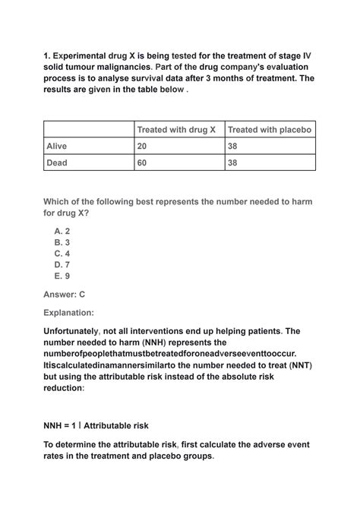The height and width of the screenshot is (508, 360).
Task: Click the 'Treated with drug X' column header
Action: point(176,130)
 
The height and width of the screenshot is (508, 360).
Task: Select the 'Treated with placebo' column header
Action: point(270,130)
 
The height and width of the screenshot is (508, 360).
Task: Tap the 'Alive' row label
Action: point(57,146)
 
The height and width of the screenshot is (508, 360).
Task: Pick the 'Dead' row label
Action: point(57,162)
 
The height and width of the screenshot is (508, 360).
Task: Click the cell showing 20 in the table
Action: point(142,146)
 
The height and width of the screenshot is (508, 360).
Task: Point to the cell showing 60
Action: point(142,162)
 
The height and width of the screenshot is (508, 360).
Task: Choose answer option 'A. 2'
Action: point(62,231)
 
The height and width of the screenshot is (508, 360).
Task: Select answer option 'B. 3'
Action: point(62,242)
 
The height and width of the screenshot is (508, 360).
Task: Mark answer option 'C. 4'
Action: point(62,254)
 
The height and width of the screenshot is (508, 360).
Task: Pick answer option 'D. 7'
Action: point(62,265)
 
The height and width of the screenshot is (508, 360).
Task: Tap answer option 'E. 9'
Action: point(62,276)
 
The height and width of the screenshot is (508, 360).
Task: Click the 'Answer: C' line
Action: point(65,293)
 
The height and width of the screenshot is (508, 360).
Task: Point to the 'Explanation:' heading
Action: point(68,312)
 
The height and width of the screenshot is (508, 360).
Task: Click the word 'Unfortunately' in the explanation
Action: point(76,331)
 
